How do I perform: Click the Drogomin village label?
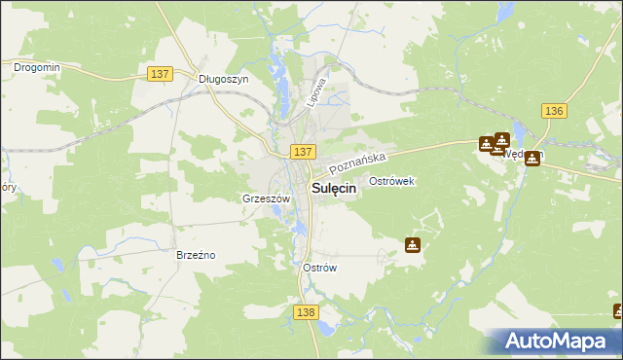(37, 67)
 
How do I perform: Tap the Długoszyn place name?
(223, 81)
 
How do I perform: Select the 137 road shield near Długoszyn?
(163, 74)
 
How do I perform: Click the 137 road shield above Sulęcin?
(303, 152)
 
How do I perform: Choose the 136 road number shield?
(555, 111)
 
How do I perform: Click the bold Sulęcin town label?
(333, 190)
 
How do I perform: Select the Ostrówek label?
(393, 182)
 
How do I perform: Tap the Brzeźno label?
(196, 255)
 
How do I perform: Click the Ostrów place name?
(319, 268)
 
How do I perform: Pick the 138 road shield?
(305, 310)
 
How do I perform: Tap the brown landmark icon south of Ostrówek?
(413, 245)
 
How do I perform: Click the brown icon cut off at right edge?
(618, 311)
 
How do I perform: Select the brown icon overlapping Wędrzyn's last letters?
(532, 159)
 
